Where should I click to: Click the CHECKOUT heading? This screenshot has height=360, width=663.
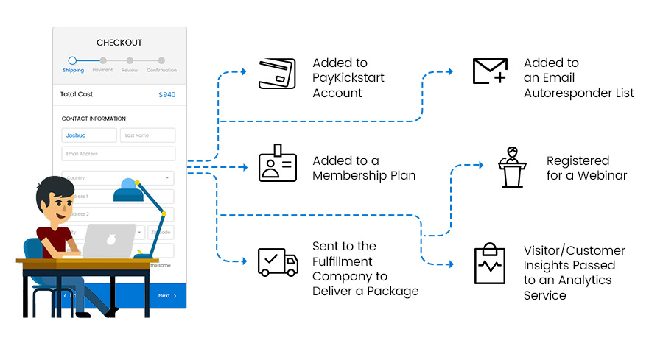click(119, 43)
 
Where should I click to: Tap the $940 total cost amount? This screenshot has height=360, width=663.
click(167, 95)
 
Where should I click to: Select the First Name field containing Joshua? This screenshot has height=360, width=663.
click(89, 135)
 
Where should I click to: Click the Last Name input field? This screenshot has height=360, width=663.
click(148, 135)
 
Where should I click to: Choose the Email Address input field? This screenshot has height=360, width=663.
click(119, 154)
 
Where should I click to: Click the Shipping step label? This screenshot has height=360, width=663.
click(73, 71)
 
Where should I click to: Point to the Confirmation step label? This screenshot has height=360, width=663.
click(161, 71)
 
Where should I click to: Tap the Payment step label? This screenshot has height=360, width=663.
click(103, 71)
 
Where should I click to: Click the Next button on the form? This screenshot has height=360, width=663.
click(164, 296)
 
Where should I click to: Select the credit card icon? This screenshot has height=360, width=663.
click(277, 74)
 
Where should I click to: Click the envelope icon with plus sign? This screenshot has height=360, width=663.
click(490, 72)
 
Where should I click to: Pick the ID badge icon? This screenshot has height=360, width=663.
click(278, 163)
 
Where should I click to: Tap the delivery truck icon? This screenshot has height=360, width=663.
click(278, 262)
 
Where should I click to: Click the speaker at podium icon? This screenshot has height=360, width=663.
click(512, 167)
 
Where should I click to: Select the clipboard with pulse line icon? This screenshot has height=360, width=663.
click(490, 264)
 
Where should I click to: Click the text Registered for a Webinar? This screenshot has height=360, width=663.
click(586, 168)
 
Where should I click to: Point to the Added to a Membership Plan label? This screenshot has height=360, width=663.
click(364, 168)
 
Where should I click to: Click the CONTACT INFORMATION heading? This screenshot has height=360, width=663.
click(94, 119)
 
